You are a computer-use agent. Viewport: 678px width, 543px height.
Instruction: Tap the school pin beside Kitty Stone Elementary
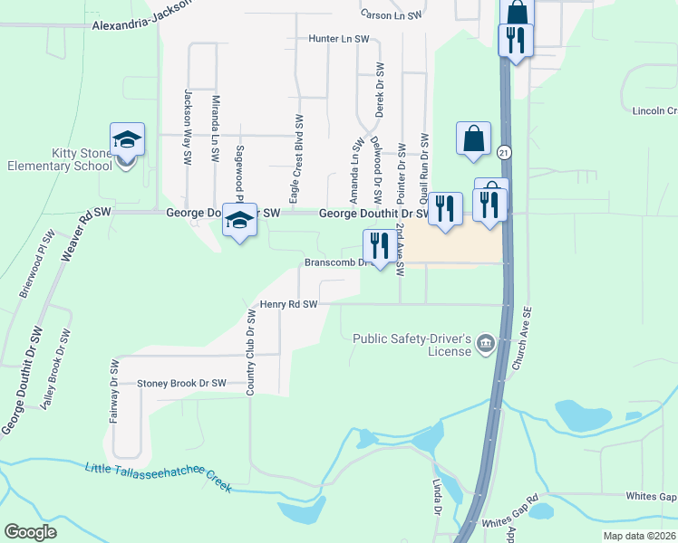(127, 141)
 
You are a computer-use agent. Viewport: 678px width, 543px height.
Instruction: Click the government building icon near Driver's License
(485, 342)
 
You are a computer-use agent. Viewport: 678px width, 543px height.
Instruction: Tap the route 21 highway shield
(504, 153)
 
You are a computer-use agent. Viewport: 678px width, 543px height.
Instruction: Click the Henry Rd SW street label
(288, 305)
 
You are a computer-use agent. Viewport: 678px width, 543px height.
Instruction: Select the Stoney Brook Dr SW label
(181, 384)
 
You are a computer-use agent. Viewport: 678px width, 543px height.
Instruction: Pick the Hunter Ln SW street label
(339, 40)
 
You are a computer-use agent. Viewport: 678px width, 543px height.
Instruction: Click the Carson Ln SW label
(392, 15)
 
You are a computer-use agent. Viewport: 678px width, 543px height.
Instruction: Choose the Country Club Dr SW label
(250, 352)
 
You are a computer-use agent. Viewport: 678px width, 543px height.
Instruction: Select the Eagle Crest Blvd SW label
(295, 158)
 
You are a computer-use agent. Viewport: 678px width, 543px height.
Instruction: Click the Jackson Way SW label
(189, 126)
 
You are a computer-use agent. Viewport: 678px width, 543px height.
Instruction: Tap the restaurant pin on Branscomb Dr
(378, 245)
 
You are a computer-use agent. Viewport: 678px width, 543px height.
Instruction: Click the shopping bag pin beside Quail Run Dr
(473, 139)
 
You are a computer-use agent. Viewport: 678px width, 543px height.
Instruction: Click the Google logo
(30, 531)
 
